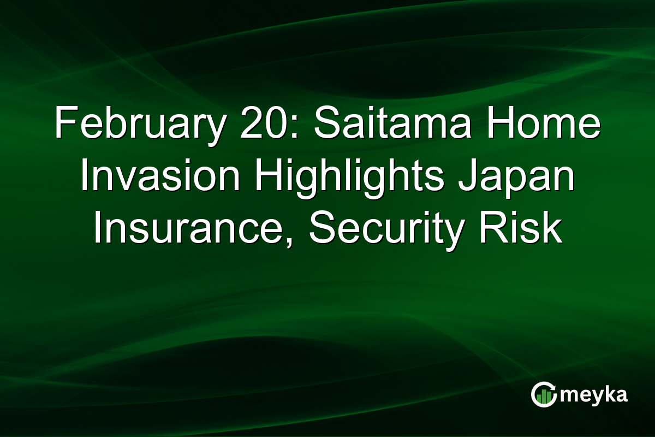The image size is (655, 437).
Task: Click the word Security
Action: (393, 229)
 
